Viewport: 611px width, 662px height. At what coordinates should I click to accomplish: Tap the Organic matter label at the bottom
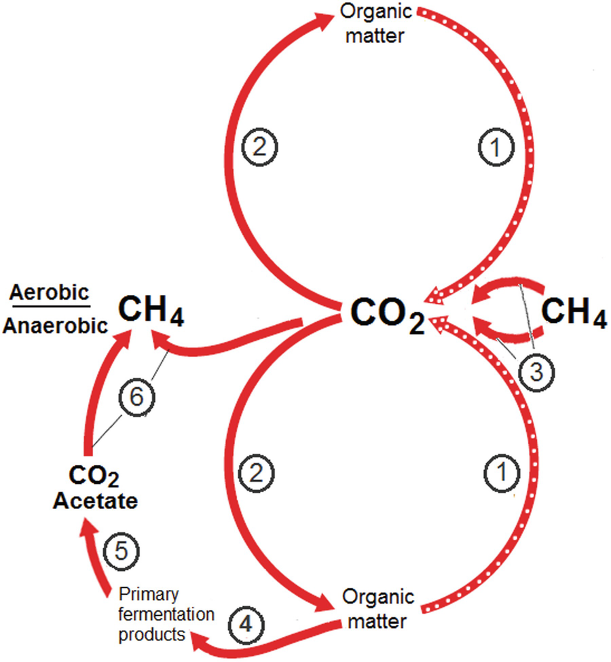(x=377, y=610)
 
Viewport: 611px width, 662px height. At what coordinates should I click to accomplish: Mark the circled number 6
(x=136, y=398)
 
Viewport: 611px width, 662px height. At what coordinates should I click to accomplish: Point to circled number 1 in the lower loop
(x=502, y=471)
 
